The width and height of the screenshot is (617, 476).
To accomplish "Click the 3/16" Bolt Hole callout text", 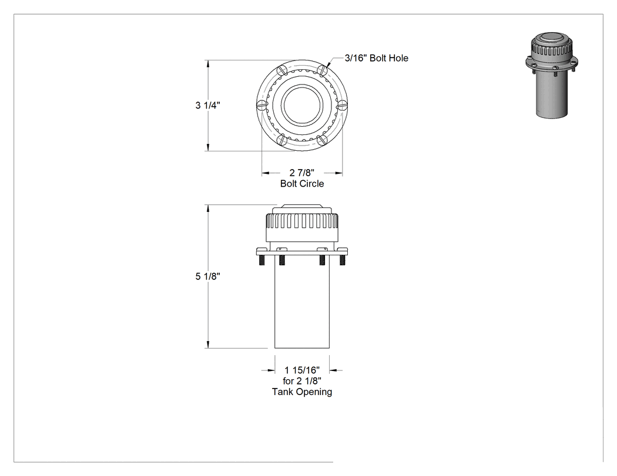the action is click(376, 58).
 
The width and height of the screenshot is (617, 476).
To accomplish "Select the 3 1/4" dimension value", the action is click(208, 105).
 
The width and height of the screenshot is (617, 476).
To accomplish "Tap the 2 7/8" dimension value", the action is click(302, 173).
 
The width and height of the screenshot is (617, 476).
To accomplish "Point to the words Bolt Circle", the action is click(302, 184).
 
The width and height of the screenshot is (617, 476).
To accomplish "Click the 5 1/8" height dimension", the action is click(208, 276).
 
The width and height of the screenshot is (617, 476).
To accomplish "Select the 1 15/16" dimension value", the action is click(302, 370).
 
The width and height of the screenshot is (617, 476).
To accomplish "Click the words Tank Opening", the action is click(302, 392).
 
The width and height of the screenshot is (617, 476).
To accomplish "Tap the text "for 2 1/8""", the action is click(302, 381).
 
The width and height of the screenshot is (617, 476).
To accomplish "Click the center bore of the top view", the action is click(302, 105).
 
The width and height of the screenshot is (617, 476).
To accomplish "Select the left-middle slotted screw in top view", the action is click(261, 105).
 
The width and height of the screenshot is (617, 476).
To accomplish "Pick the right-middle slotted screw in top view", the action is click(343, 105).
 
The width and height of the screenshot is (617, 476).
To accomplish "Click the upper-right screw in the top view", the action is click(323, 70).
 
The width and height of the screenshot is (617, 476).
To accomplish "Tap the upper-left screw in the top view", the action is click(281, 70).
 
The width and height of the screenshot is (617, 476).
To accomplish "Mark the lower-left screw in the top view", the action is click(281, 140).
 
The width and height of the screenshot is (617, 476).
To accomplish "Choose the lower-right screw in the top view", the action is click(323, 140).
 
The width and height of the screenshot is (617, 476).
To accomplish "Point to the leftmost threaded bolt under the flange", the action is click(261, 259).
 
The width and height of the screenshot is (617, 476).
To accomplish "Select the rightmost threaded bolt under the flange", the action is click(343, 259).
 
